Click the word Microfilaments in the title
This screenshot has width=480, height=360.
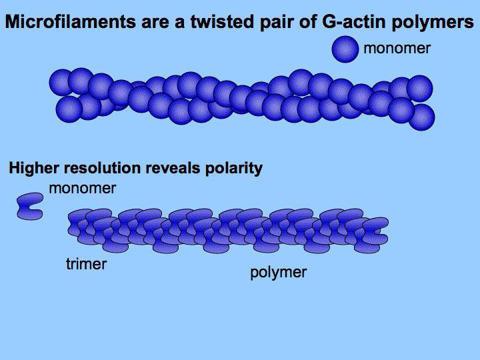coord(70,22)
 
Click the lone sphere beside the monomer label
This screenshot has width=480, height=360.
coord(345,49)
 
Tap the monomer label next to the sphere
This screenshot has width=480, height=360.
coord(397,49)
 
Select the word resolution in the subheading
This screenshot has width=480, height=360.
coord(102,168)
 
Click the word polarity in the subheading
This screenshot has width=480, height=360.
coord(234,169)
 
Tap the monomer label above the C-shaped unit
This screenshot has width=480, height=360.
coord(83,188)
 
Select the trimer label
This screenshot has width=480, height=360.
coord(86,264)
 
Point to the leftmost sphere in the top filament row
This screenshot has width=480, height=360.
coord(61,83)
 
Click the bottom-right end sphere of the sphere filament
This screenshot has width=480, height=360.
coord(422,117)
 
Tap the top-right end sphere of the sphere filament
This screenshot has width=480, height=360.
coord(420,89)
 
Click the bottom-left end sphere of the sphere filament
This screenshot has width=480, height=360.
coord(69,109)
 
